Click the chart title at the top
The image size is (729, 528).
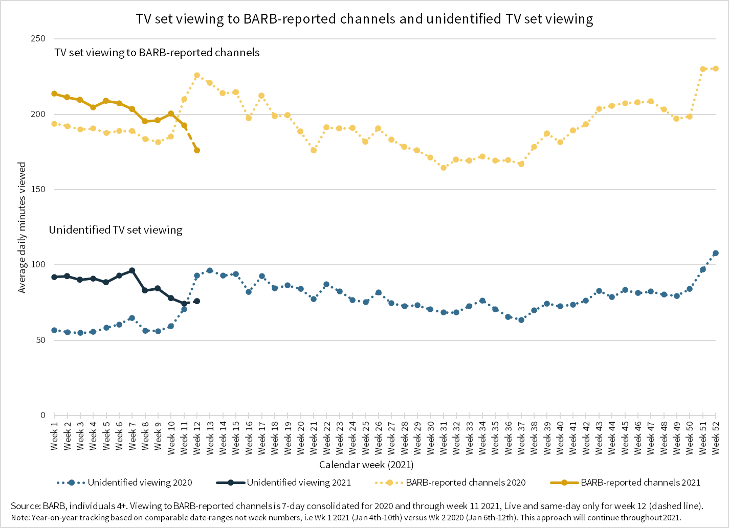364,19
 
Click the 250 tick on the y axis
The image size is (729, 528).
39,39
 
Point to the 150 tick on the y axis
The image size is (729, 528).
39,190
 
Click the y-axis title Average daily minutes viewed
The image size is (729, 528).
22,228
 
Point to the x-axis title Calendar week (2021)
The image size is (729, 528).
366,465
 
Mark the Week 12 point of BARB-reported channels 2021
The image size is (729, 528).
197,150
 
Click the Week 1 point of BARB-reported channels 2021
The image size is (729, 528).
54,94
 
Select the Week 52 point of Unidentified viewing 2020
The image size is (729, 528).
716,253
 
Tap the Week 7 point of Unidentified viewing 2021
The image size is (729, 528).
132,270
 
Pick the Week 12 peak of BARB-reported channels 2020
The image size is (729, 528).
197,75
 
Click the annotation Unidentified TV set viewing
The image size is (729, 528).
116,230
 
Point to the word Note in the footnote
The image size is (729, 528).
19,517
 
